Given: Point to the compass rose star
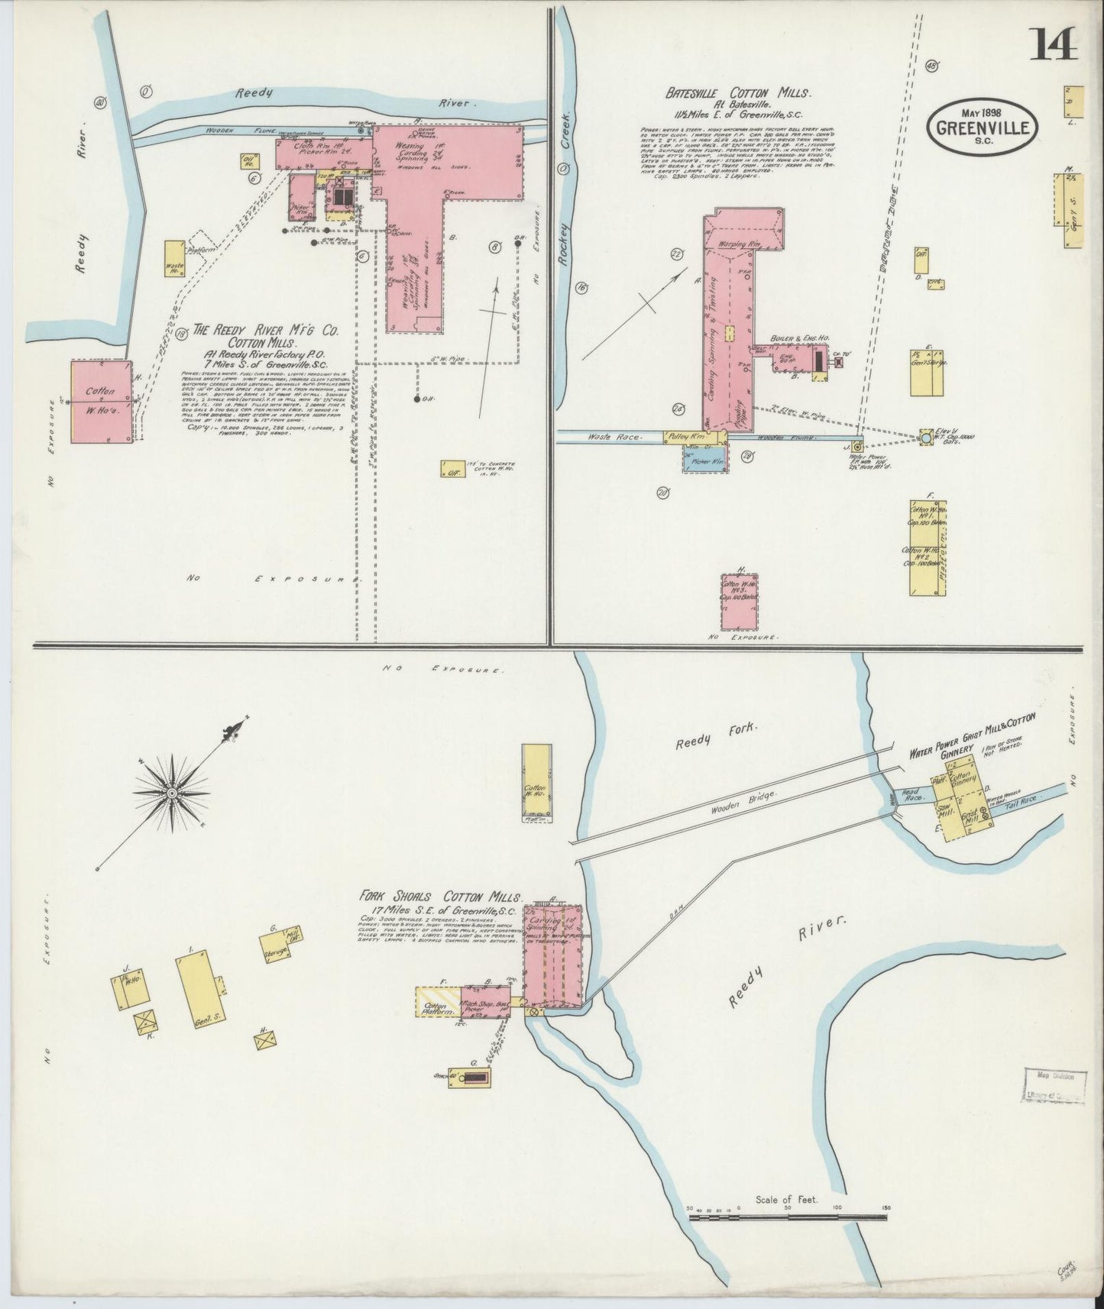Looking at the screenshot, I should point(173,793).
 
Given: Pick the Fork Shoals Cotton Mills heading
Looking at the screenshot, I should point(442,897).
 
